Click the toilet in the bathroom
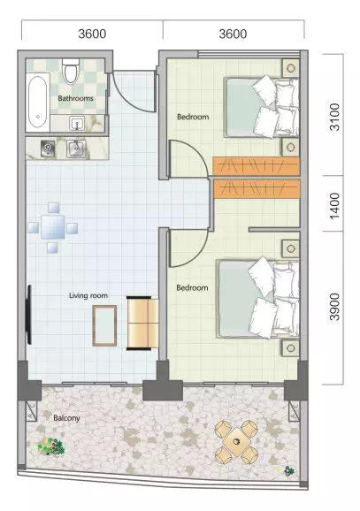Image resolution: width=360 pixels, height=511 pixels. [71, 71]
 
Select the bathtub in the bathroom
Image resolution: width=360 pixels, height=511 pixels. [37, 102]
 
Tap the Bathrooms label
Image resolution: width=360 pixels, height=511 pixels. [75, 98]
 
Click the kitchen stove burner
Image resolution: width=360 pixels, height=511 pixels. [48, 149]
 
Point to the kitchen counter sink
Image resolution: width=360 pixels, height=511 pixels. [76, 149]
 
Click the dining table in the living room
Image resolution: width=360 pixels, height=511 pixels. [53, 227]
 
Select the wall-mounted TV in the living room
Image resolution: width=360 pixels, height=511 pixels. [28, 315]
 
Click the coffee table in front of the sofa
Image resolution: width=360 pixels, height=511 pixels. [104, 325]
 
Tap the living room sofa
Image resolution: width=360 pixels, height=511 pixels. [142, 323]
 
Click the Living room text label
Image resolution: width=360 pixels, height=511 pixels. [88, 295]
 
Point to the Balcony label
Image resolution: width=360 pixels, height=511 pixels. [66, 418]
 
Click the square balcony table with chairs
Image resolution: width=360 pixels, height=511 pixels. [236, 442]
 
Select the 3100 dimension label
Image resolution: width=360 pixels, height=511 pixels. [334, 117]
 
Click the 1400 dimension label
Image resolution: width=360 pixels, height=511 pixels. [334, 206]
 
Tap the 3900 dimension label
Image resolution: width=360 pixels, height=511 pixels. [334, 307]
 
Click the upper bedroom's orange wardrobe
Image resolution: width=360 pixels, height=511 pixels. [257, 166]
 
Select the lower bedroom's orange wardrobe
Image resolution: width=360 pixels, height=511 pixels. [257, 188]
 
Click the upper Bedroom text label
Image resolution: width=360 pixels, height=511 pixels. [193, 117]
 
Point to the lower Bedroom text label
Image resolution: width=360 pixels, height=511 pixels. [192, 287]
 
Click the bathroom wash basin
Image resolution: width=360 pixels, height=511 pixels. [77, 124]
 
